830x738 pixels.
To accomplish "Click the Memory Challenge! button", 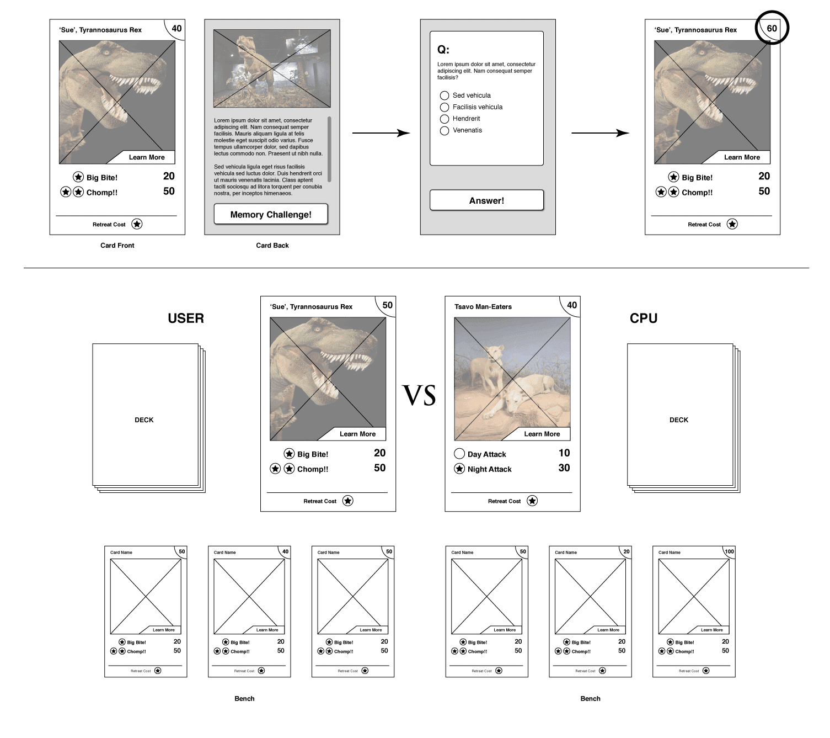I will [x=271, y=214].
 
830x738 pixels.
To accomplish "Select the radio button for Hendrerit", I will [x=445, y=119].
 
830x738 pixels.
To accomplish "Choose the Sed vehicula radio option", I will [x=445, y=95].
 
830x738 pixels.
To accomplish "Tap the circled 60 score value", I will [x=772, y=28].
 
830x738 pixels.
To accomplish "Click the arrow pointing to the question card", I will [x=381, y=133].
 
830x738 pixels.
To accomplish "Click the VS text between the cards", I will [x=420, y=396].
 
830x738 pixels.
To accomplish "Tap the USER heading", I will [x=186, y=318].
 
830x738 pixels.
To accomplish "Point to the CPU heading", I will [x=644, y=318].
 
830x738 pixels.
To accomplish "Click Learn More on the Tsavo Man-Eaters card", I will [x=542, y=434].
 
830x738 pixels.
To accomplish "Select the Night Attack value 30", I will [x=564, y=468].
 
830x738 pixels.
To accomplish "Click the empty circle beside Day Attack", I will [x=459, y=454].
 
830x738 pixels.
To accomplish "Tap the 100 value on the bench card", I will [x=729, y=551].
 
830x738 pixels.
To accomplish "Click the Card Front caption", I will [x=117, y=246].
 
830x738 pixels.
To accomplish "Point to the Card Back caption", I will [x=272, y=246].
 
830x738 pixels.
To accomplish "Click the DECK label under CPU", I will [x=679, y=420].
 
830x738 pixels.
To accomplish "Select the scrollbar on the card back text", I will [x=329, y=149].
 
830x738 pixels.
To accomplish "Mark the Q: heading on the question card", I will [x=443, y=50].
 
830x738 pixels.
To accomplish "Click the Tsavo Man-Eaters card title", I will [x=483, y=307].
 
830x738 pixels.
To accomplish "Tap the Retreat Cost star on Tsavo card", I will [x=532, y=501].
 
